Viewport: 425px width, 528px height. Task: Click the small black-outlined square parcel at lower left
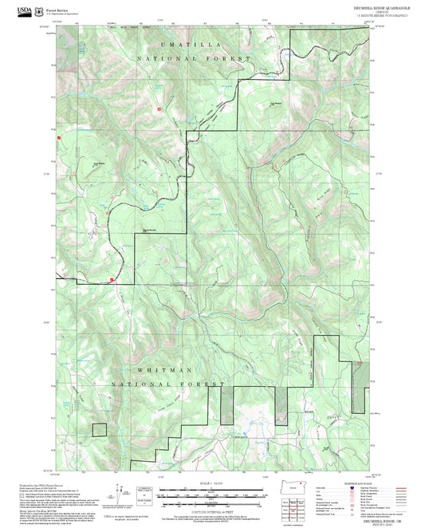[99, 429]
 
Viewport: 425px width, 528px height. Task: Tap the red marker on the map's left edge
[59, 137]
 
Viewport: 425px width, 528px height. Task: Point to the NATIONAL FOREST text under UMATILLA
[194, 59]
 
